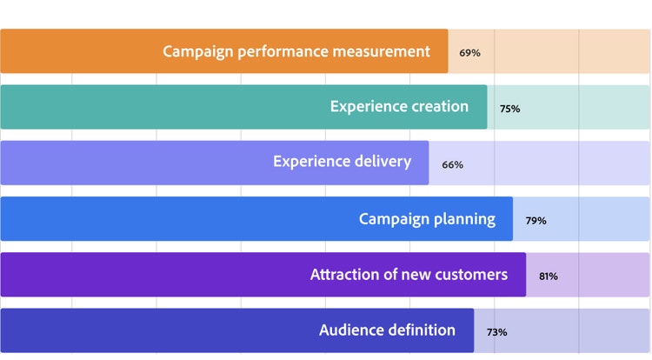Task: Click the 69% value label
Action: click(469, 53)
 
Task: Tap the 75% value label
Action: click(509, 109)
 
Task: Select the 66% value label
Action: click(452, 165)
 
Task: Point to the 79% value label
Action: click(536, 221)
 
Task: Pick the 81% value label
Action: click(549, 277)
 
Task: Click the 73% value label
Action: click(497, 332)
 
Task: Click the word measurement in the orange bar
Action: click(382, 51)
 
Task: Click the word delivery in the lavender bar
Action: click(383, 162)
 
